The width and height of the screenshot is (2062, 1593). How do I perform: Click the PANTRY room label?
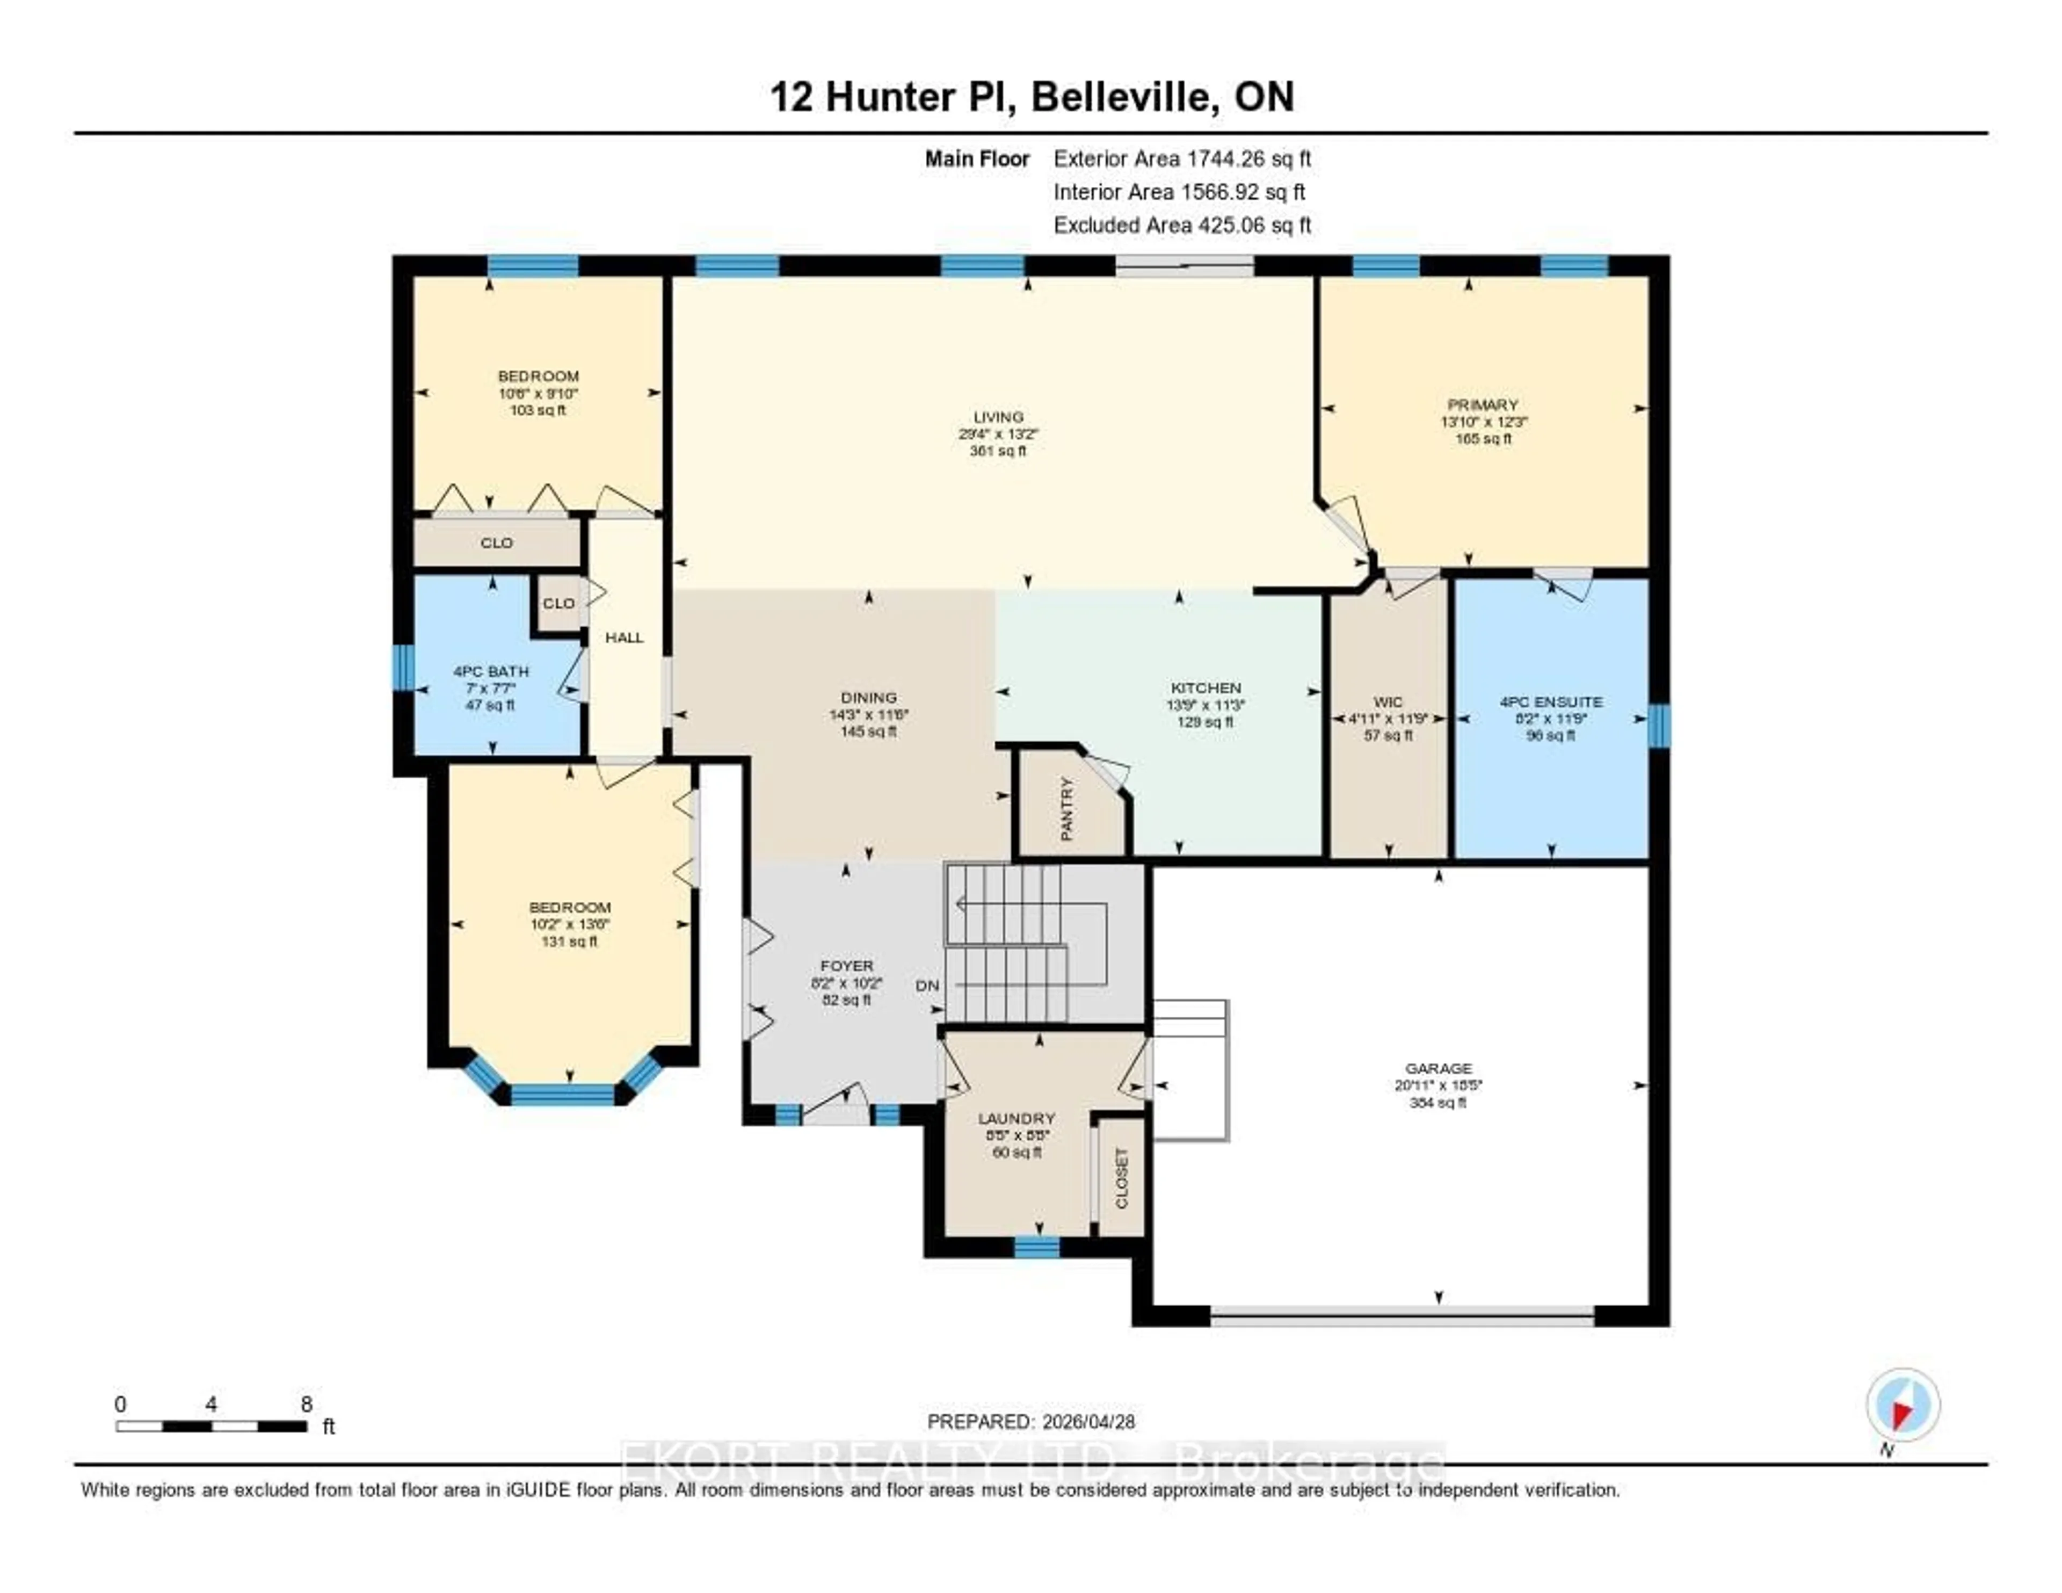tap(1067, 808)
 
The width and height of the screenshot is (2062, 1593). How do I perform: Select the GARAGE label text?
tap(1438, 1068)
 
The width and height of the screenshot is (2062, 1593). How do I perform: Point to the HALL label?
tap(624, 638)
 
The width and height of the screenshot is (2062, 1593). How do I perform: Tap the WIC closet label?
tap(1388, 701)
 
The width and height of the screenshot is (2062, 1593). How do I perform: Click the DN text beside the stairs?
tap(927, 985)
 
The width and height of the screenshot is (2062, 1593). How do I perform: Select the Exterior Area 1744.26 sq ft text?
tap(1182, 158)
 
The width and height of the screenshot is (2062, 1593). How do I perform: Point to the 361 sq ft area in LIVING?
tap(998, 451)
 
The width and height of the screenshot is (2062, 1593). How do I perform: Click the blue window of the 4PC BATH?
tap(403, 668)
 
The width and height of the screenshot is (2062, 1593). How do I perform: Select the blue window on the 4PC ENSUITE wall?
tap(1659, 725)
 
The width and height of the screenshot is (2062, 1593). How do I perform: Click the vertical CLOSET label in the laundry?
tap(1122, 1177)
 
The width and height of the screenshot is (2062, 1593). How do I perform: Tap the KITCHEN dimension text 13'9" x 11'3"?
tap(1206, 705)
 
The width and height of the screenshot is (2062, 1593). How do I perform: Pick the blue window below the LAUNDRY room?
tap(1037, 1248)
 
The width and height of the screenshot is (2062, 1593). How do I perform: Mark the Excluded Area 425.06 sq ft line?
tap(1182, 225)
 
